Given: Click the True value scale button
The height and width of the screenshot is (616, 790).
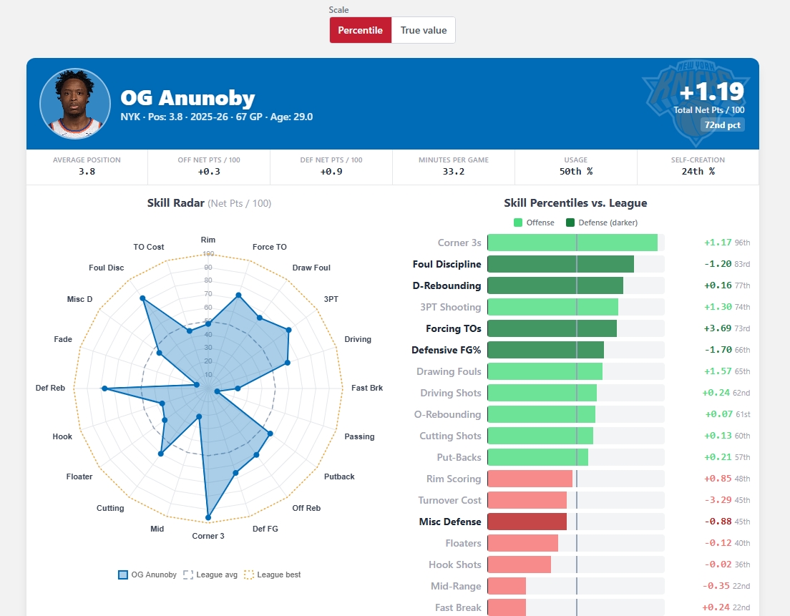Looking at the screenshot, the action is pos(423,30).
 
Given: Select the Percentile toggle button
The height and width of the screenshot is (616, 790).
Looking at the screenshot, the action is pos(360,30).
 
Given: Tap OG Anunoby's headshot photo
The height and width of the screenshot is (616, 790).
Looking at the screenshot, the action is pos(75,103).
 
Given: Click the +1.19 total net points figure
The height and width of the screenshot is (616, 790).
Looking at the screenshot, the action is pos(711,92).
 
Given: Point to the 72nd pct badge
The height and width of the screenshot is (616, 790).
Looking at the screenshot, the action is pos(723,125).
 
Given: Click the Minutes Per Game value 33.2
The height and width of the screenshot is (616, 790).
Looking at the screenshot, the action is pos(454,172).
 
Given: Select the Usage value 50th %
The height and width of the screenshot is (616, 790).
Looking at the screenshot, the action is pos(576,172).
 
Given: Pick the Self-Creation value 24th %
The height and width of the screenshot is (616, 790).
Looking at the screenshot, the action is pos(698,172).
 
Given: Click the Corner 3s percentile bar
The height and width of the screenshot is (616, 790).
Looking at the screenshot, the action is pos(572,243).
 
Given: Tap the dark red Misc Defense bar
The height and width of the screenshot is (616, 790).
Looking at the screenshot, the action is pos(527,522).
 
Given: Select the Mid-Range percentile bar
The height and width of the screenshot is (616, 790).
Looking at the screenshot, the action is pos(507,586).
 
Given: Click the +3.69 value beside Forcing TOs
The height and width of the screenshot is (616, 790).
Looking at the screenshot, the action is pos(718,328).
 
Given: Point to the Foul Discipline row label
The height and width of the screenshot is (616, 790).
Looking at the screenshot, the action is pos(447,265).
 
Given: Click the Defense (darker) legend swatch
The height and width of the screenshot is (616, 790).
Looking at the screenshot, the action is pos(570,223).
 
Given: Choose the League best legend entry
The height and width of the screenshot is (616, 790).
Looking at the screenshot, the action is pos(272,575).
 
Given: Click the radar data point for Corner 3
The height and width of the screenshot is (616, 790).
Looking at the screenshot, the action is pos(208,517).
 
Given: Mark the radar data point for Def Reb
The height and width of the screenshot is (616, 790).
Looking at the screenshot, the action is pos(104,388).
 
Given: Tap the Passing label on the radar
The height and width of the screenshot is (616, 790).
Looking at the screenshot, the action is pos(359,436).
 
